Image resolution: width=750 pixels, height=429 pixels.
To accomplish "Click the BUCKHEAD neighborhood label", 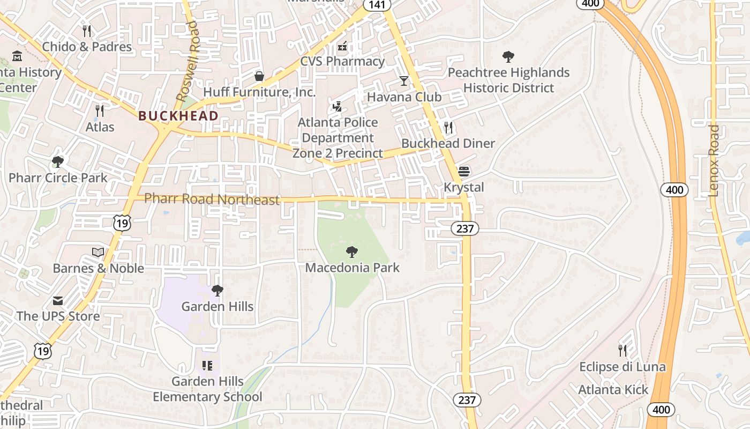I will click(178, 116).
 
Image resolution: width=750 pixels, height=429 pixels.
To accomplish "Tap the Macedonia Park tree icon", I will click(352, 252).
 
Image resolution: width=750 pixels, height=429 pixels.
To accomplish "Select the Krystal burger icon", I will click(464, 172).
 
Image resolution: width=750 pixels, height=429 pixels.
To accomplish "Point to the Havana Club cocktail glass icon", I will click(404, 81).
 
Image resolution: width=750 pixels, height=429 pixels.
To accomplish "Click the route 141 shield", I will click(377, 4).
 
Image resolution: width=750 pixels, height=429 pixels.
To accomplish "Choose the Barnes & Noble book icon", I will click(98, 252).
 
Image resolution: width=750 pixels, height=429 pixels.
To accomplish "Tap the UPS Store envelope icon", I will click(57, 300).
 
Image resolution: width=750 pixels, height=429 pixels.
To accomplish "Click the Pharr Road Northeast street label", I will click(212, 199).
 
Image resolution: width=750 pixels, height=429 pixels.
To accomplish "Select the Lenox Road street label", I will click(714, 161).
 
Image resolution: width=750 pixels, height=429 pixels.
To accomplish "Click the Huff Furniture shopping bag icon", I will click(259, 76).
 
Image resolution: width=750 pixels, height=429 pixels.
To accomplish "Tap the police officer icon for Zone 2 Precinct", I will click(337, 107).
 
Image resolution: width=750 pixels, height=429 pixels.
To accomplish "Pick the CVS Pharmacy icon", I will click(342, 46).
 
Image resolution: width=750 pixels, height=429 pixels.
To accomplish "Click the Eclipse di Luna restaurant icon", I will click(622, 351).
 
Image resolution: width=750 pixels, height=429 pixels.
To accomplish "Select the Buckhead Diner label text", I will click(448, 144).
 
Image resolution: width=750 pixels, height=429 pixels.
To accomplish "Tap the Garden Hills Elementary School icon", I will click(207, 366).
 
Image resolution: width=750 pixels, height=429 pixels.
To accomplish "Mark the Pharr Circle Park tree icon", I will click(57, 161).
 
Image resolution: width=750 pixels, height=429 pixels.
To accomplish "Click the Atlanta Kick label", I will click(613, 390).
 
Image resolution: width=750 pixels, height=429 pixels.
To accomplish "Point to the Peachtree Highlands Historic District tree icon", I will click(508, 56).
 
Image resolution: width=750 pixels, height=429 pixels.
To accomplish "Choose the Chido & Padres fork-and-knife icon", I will click(87, 31).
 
